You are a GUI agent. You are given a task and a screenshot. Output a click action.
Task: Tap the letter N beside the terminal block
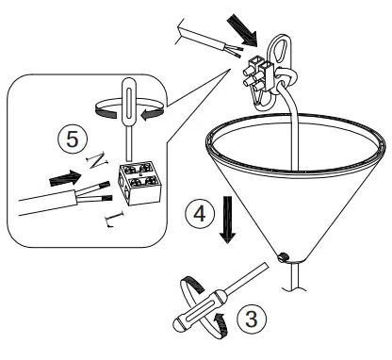[95, 161]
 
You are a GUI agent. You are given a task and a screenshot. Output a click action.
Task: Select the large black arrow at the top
[247, 36]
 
